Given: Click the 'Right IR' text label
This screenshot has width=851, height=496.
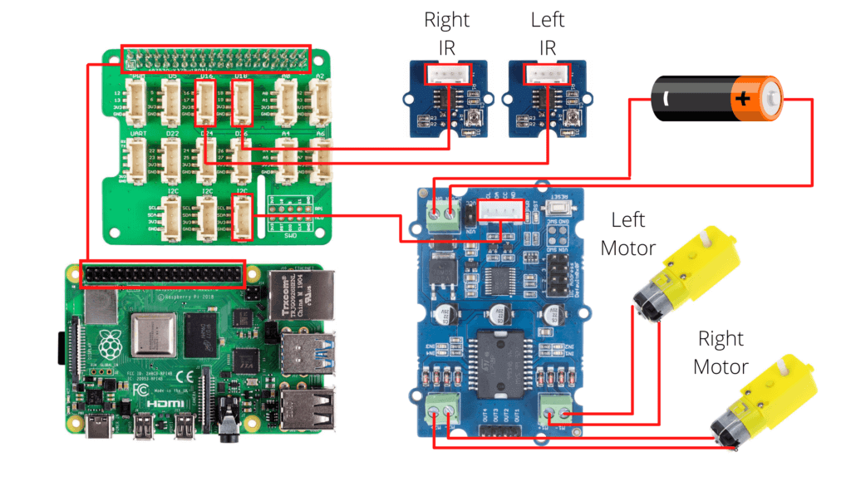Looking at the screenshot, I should [446, 32].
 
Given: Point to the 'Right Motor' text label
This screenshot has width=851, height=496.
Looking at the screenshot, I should [721, 352].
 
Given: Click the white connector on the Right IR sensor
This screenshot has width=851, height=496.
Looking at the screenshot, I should [446, 75].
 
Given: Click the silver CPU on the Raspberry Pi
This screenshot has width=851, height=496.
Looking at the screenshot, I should [155, 336].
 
